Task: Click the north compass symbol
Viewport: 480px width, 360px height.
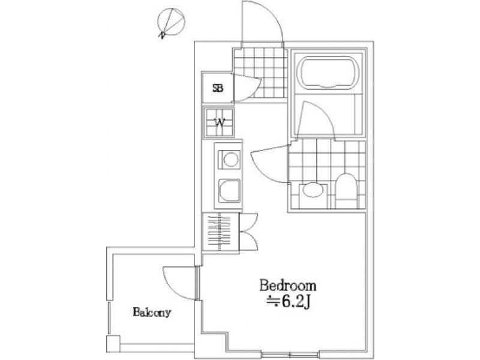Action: (171, 23)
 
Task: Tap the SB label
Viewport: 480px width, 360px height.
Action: (218, 88)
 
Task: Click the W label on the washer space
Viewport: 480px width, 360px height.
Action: (220, 123)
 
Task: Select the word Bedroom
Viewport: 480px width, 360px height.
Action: (288, 286)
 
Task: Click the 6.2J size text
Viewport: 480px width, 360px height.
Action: (289, 302)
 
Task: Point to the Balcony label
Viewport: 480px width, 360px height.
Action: (152, 312)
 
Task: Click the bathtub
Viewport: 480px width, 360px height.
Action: (328, 73)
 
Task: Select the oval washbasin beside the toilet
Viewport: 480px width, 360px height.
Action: (313, 190)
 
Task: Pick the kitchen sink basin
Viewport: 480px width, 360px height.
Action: (229, 190)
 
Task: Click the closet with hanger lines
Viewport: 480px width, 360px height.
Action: (220, 233)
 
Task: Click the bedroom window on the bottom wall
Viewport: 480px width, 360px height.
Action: (290, 354)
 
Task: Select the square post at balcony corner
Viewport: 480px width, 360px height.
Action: (113, 343)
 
